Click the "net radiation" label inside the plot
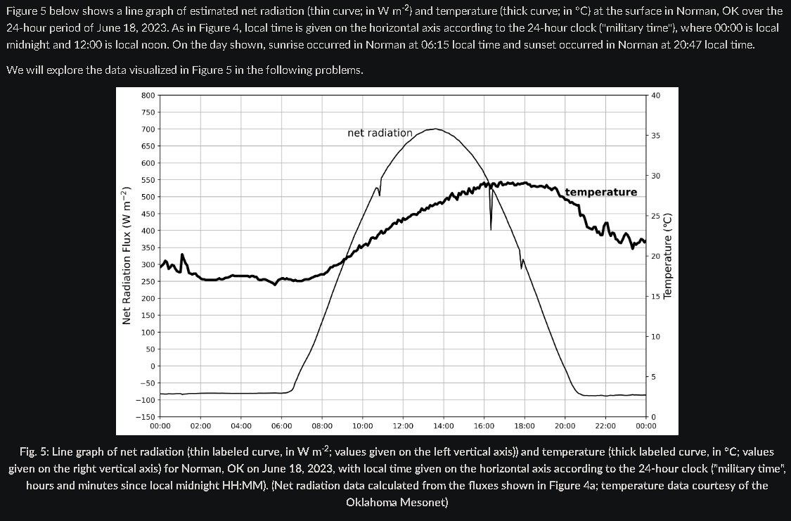tap(380, 133)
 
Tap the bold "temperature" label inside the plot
tap(601, 192)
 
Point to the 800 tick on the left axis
tap(148, 95)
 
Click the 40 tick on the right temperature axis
tap(655, 95)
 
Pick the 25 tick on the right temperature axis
tap(655, 216)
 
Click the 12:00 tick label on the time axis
tap(403, 426)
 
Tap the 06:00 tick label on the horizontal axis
tap(281, 426)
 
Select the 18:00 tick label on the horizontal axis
tap(525, 426)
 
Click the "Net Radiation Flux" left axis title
tap(127, 256)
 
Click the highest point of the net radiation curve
tap(435, 129)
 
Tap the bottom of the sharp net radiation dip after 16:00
tap(490, 229)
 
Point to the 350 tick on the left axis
tap(148, 247)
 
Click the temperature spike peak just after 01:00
tap(183, 254)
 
